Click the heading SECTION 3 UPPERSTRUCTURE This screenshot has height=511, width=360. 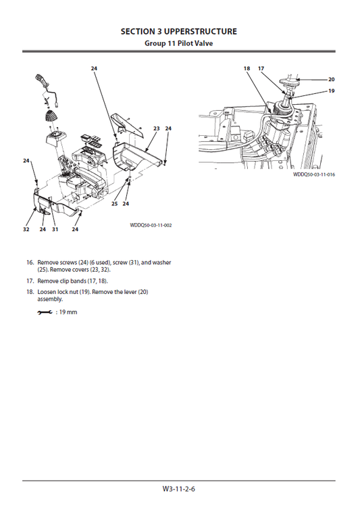(179, 31)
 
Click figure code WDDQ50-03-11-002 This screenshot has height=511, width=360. (151, 224)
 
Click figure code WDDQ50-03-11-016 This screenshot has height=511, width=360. (314, 174)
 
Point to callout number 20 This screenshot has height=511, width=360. (331, 79)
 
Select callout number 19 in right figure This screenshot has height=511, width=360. (331, 91)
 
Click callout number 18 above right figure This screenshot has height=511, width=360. (247, 68)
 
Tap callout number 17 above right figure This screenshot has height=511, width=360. (261, 68)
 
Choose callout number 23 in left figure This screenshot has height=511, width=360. (156, 128)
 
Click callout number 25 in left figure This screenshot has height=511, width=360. (114, 203)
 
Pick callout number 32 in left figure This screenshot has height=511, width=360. (26, 229)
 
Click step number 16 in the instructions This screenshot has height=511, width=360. (30, 262)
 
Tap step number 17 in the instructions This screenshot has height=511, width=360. (30, 280)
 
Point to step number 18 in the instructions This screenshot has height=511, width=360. (30, 291)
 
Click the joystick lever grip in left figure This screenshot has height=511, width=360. (41, 85)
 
